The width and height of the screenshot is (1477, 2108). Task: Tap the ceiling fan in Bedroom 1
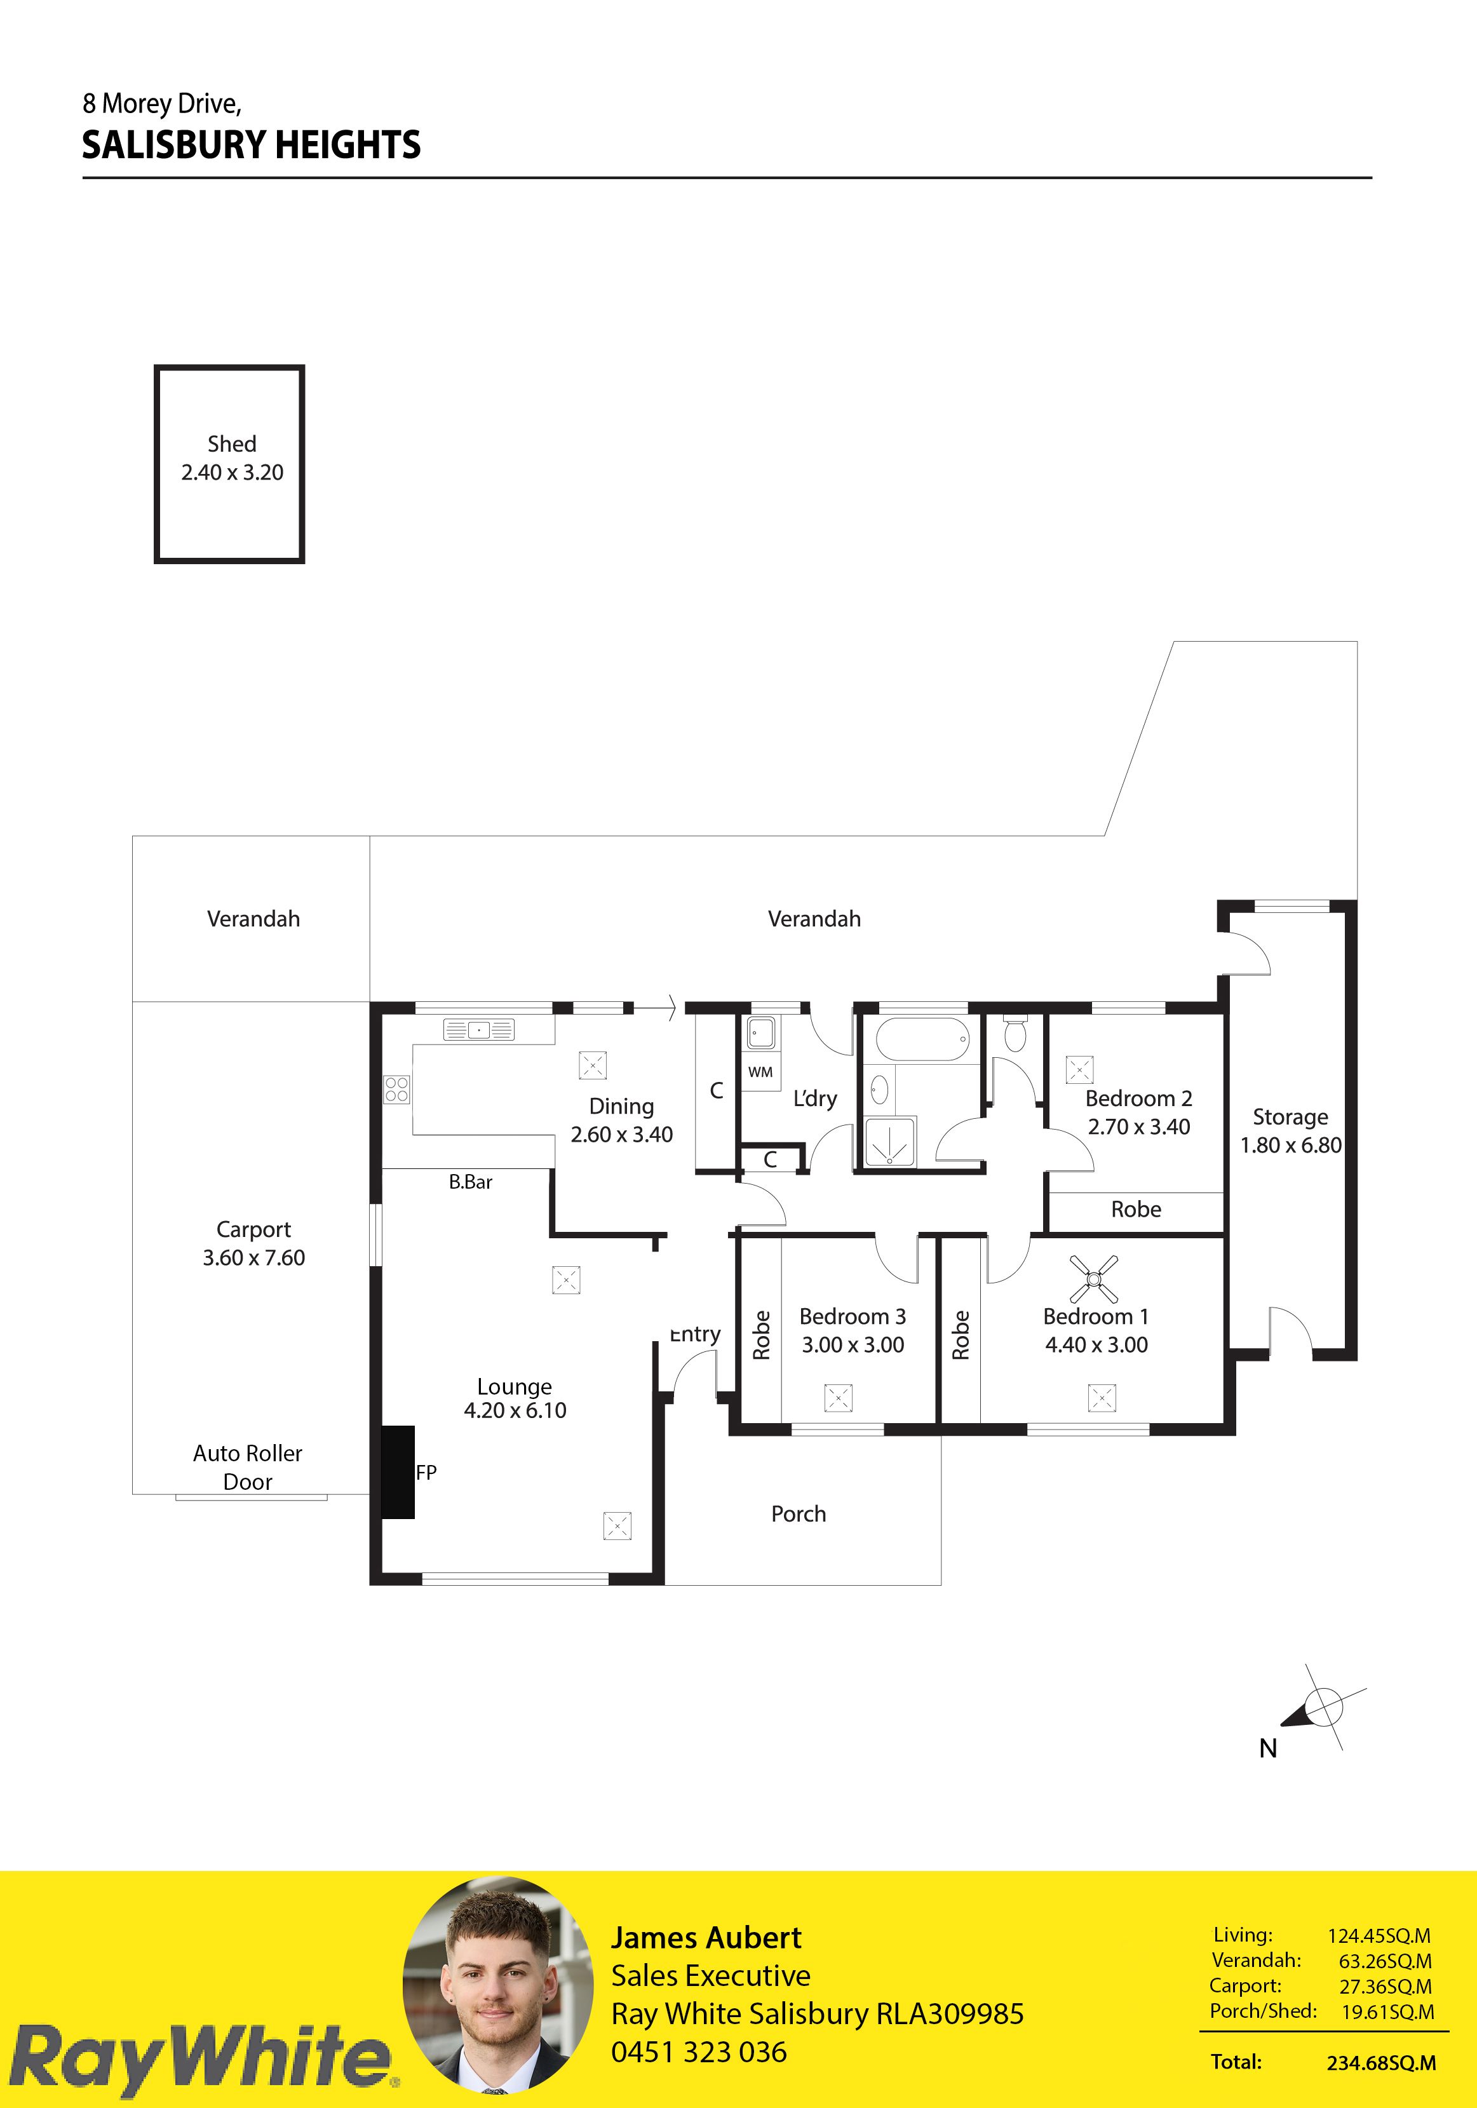[x=1094, y=1278]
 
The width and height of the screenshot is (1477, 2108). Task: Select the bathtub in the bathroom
[x=922, y=1039]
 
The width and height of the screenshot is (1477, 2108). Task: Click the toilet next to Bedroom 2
[x=1015, y=1033]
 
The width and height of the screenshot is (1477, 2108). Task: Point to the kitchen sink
[x=479, y=1030]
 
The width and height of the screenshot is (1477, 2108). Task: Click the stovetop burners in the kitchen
[x=396, y=1090]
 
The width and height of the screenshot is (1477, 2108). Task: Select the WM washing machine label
[x=760, y=1071]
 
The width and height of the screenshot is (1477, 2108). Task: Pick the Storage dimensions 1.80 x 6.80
[x=1291, y=1145]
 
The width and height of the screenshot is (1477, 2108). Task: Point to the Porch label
[x=799, y=1513]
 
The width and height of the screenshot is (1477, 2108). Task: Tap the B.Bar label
[x=470, y=1182]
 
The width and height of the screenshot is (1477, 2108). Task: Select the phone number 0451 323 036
[x=699, y=2051]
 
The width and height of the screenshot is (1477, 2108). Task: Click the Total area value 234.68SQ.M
[x=1380, y=2063]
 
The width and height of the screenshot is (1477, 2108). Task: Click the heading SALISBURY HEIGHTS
[x=252, y=145]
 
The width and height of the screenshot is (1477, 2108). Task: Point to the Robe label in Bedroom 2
[x=1136, y=1209]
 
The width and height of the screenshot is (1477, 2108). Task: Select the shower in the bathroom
[x=891, y=1142]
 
